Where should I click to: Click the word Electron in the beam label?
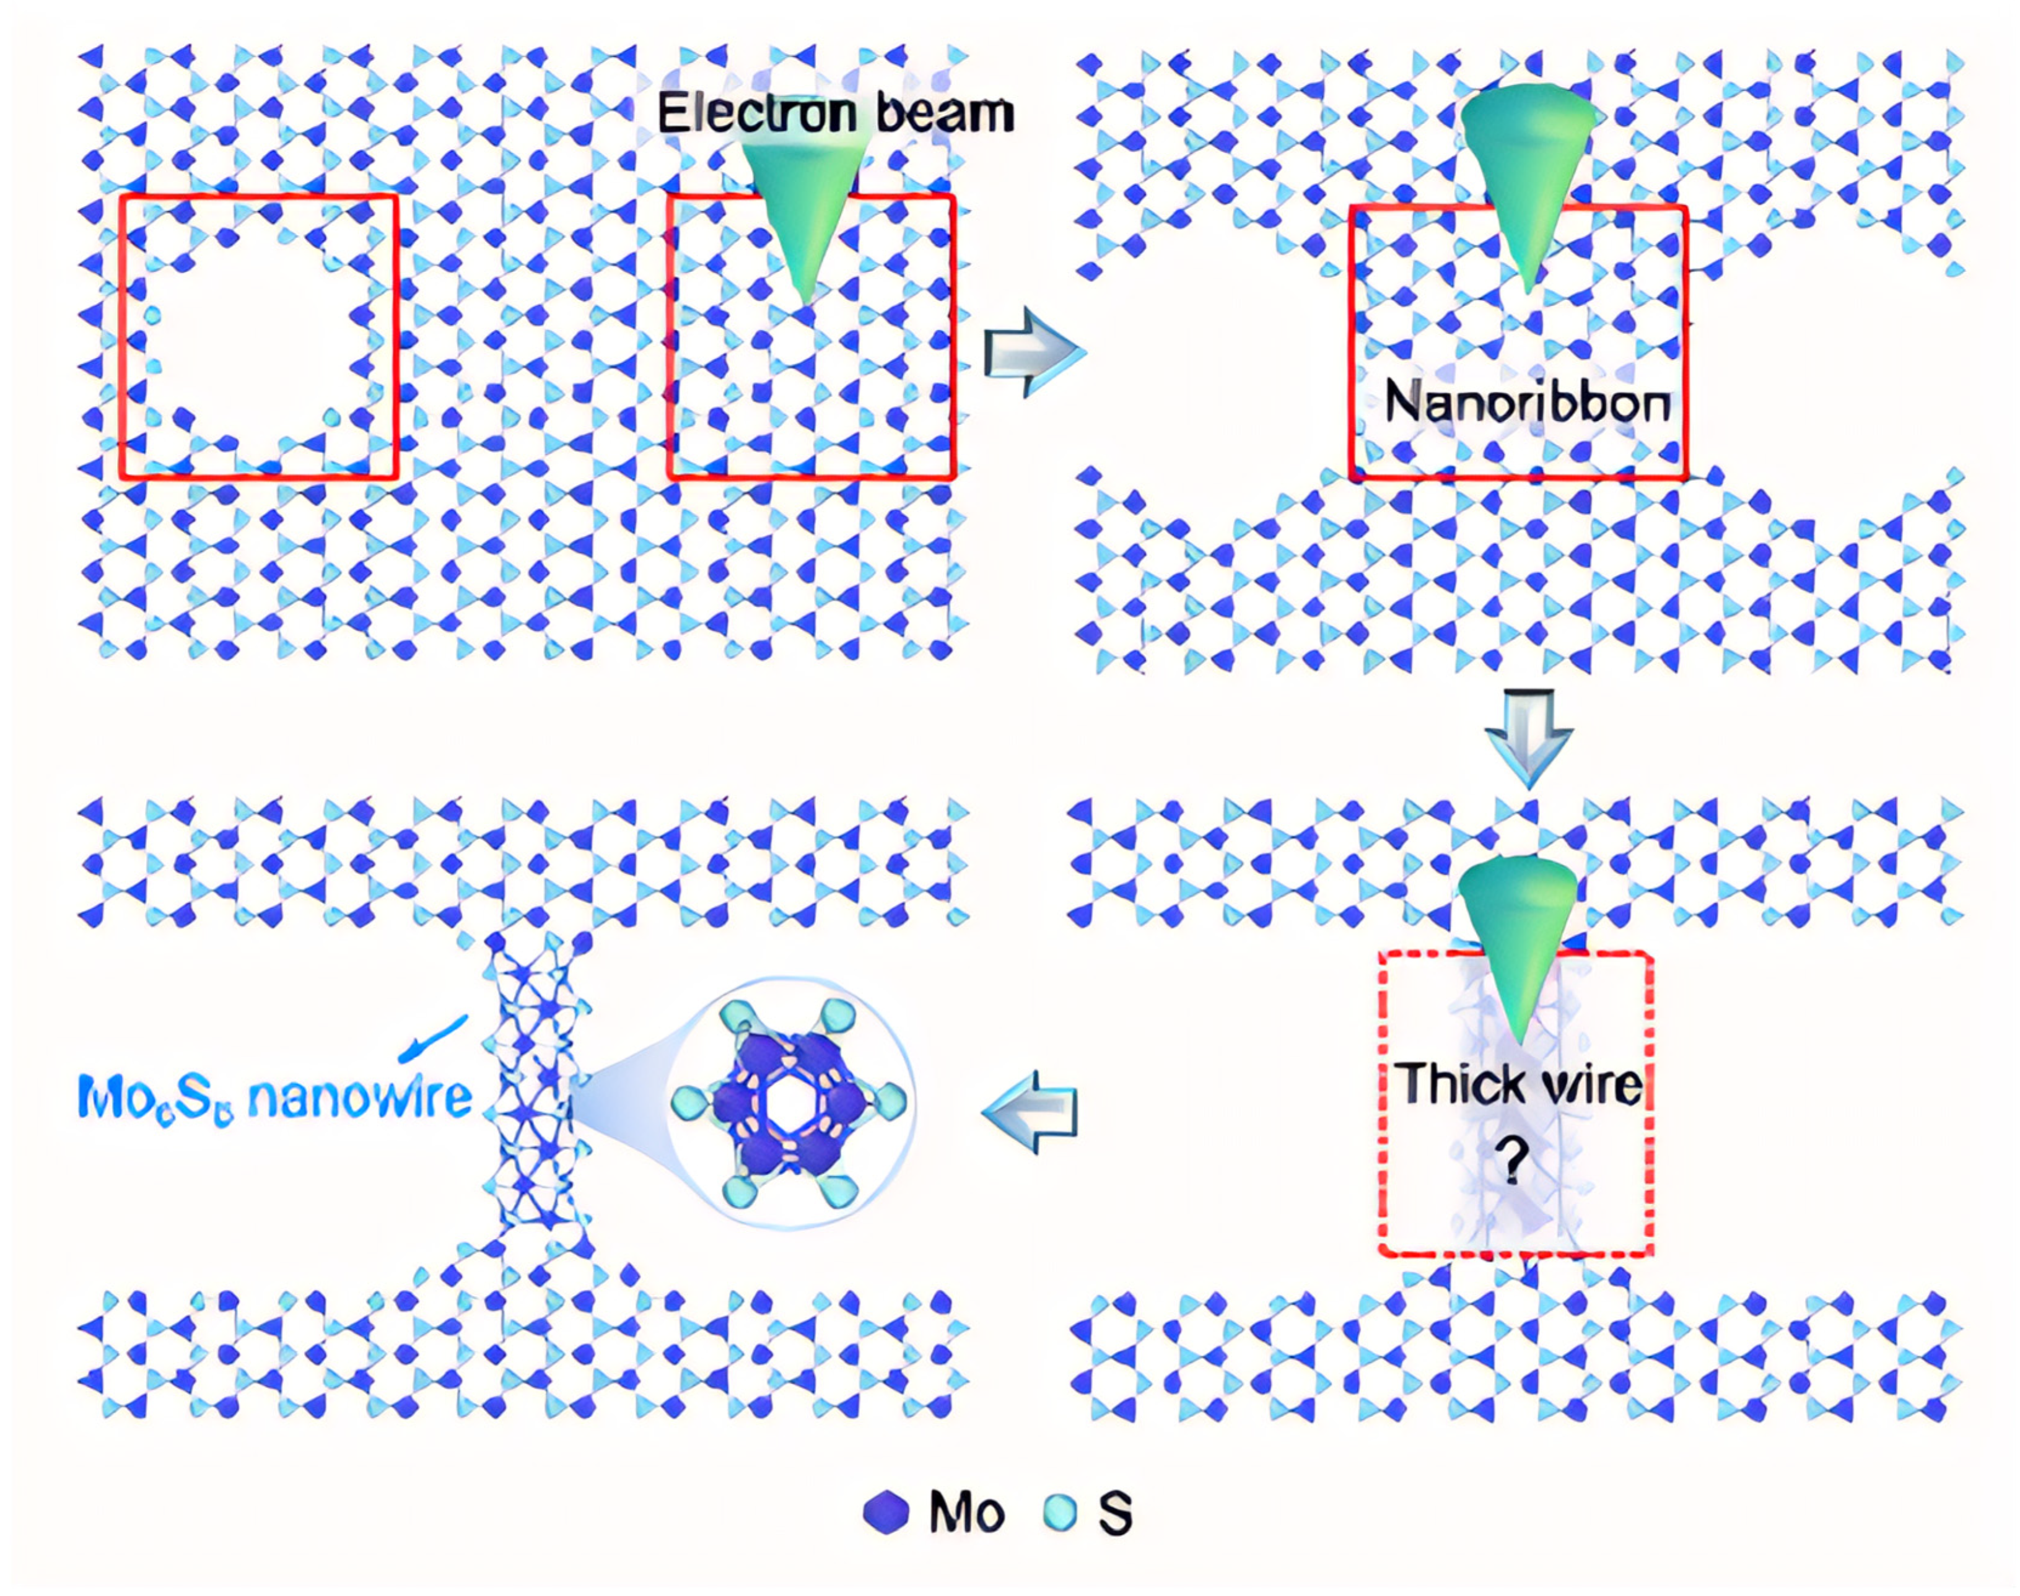(x=755, y=113)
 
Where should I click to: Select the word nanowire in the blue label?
(x=360, y=1097)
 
